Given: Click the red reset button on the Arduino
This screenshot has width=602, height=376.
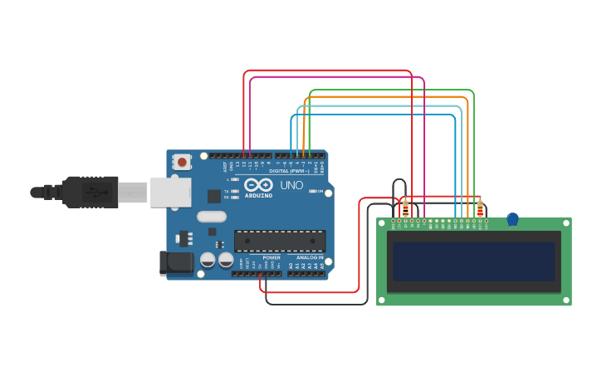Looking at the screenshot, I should (181, 161).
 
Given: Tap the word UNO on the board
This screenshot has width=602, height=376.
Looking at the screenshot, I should (291, 185).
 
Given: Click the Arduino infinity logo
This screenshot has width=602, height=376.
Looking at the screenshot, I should (258, 185).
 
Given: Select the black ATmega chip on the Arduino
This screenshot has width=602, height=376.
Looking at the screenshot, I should (279, 242).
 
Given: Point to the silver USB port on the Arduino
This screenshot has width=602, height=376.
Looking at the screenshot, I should (170, 192).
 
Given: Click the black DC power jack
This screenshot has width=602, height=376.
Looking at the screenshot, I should (176, 263).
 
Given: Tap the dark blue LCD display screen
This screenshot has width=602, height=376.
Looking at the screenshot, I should (473, 261).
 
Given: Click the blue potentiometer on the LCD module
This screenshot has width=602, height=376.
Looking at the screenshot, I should (512, 219).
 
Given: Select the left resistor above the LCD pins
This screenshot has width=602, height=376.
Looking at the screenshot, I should (405, 208).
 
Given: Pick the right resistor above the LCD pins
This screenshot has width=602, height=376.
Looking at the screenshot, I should (480, 208).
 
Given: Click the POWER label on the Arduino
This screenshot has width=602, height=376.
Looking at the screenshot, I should (272, 257).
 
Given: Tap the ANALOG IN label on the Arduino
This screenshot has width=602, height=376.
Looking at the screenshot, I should (309, 257).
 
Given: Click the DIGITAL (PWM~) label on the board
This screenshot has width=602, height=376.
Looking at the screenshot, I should (288, 171).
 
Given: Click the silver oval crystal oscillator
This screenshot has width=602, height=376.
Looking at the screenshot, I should (212, 217).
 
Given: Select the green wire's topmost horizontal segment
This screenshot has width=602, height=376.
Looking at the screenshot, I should (390, 90).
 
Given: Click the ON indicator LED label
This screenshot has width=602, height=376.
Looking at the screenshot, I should (320, 191).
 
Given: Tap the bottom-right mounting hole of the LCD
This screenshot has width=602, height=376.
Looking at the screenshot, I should (565, 299).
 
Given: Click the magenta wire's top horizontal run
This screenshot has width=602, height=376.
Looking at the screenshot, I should (336, 77).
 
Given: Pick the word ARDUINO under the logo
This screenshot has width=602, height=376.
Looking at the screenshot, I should (258, 196).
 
